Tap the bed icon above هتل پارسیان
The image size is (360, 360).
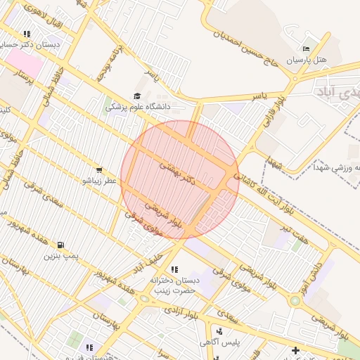[304, 49]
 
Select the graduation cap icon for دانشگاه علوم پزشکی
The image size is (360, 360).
[136, 96]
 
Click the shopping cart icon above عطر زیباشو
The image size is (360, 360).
[99, 169]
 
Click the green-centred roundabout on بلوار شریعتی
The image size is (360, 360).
[295, 300]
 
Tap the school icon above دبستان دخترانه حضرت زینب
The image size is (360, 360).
[174, 269]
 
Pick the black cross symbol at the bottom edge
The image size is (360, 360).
[295, 349]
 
